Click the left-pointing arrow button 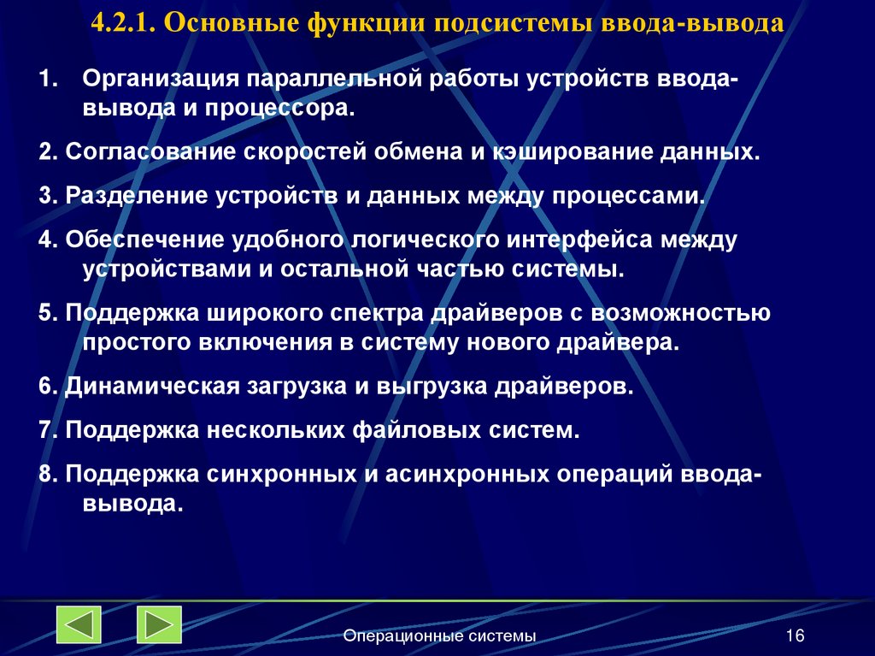click(79, 624)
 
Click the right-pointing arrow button click(159, 624)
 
